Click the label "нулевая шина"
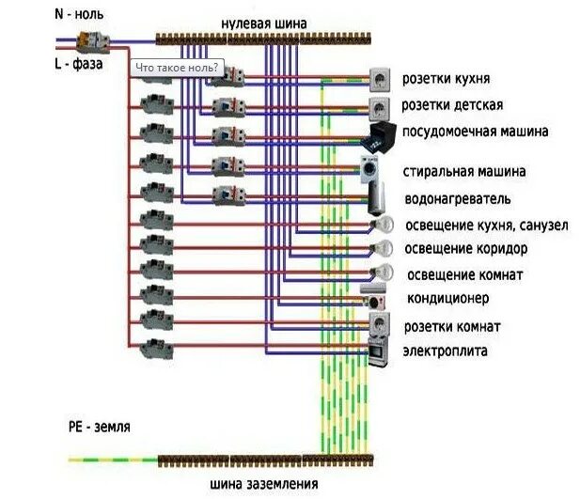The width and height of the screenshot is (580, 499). [264, 22]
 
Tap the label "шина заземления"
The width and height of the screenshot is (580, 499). [264, 484]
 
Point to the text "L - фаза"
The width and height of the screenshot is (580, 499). [79, 65]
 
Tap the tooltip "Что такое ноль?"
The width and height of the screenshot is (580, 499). [176, 68]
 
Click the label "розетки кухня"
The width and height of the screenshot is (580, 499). [459, 79]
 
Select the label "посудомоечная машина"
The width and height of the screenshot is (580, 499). [475, 132]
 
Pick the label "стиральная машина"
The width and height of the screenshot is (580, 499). [463, 172]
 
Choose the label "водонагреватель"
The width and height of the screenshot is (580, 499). [457, 199]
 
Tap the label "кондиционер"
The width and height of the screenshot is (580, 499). [447, 298]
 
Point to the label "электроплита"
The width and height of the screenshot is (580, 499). [446, 351]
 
